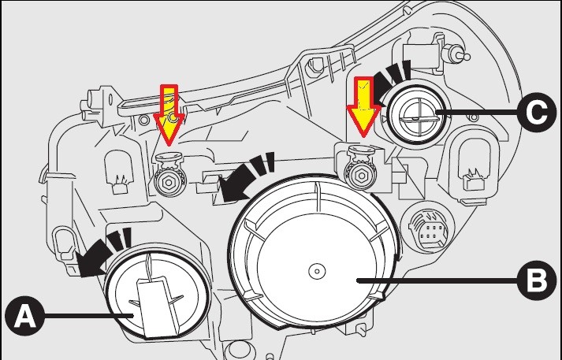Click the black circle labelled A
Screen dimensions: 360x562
[24, 317]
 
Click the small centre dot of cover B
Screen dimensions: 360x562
[314, 270]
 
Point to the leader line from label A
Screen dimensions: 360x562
[87, 316]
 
